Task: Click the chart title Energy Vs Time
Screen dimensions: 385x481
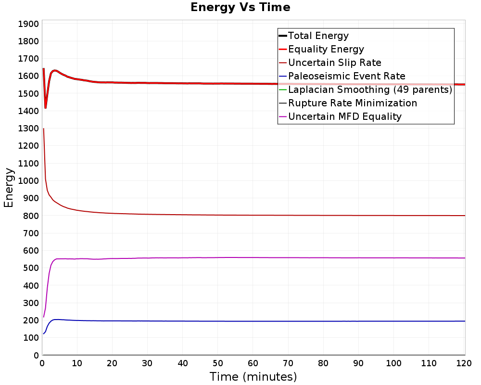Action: tap(240, 8)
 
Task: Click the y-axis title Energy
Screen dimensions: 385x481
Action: tap(9, 187)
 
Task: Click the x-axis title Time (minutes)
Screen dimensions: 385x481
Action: tap(253, 376)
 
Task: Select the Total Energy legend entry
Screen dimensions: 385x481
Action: tap(318, 36)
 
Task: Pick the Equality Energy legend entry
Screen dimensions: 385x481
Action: tap(326, 49)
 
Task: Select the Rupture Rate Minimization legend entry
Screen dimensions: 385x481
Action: tap(352, 103)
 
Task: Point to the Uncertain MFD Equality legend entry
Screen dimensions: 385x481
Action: tap(344, 116)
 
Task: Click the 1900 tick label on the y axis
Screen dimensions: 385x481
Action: tap(28, 24)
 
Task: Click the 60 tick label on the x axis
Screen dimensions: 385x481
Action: tap(253, 363)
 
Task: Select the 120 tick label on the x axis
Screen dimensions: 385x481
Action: tap(464, 363)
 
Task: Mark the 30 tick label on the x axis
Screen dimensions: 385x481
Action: tap(148, 363)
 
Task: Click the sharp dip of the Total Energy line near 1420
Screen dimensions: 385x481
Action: tap(46, 107)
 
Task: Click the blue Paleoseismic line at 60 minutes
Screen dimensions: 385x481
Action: tap(253, 321)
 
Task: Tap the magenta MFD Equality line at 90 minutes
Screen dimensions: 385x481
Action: tap(359, 257)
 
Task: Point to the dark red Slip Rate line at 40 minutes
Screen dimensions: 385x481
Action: tap(183, 215)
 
